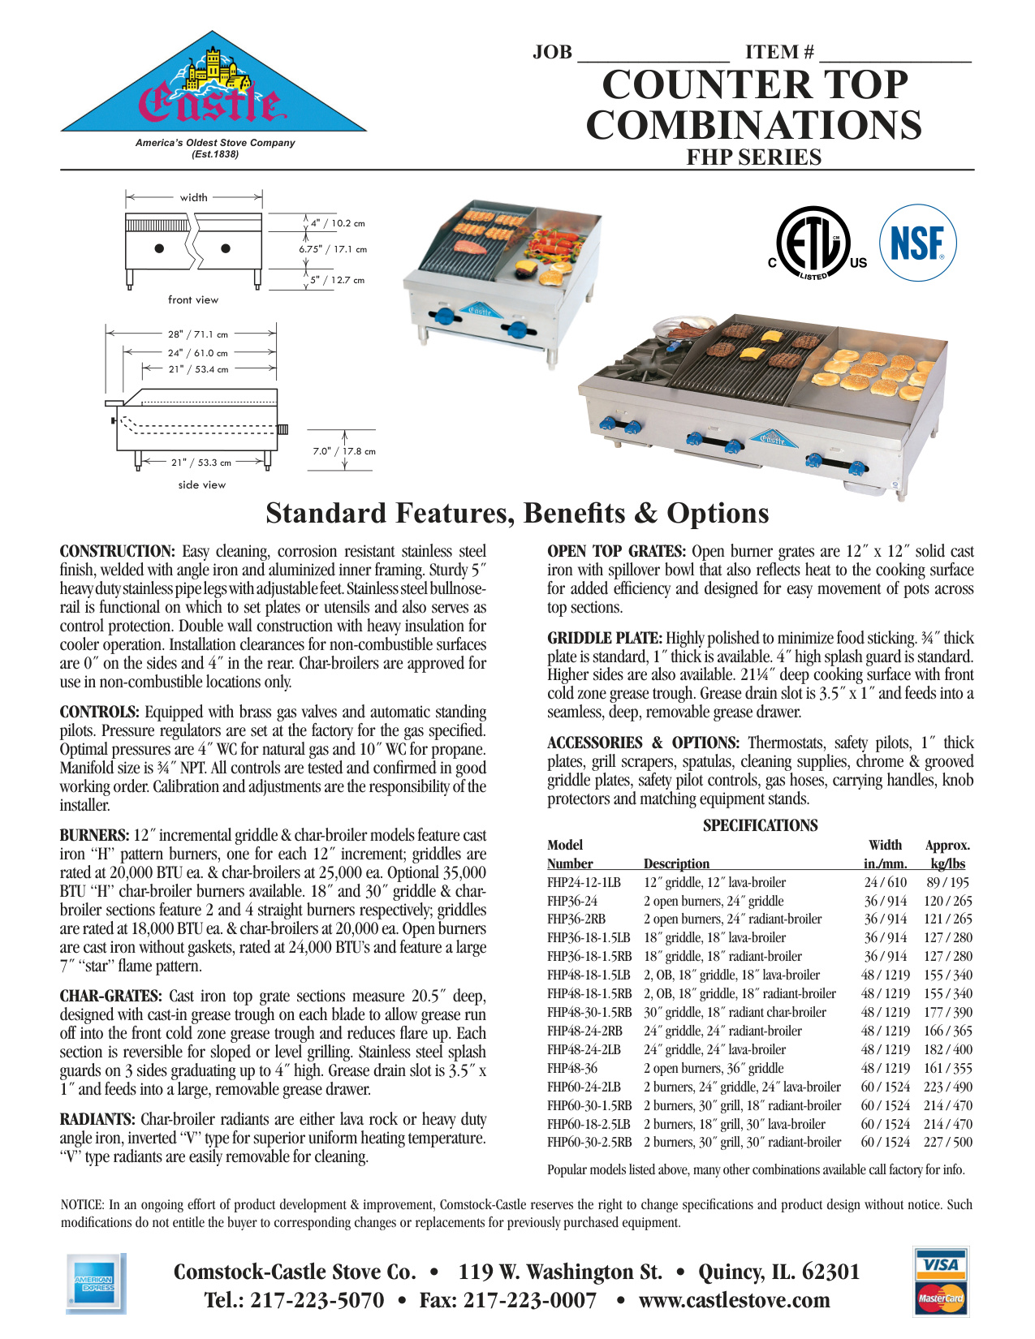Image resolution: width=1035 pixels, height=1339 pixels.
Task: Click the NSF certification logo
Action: [918, 243]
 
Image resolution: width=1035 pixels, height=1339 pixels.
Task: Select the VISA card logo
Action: [941, 1264]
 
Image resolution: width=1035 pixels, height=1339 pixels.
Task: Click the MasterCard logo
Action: [941, 1298]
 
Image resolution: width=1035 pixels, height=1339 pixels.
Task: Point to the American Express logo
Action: [94, 1283]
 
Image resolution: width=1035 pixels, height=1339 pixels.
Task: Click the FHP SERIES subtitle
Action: [753, 157]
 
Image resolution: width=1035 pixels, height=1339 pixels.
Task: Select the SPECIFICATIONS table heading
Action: [760, 825]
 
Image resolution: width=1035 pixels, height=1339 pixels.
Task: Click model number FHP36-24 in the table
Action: [572, 901]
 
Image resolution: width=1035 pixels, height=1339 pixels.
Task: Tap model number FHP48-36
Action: [572, 1068]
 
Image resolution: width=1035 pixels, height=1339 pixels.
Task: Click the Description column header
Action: [676, 863]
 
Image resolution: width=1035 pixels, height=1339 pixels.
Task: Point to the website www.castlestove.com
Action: [734, 1300]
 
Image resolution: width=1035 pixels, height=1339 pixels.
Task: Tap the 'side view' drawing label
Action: [202, 484]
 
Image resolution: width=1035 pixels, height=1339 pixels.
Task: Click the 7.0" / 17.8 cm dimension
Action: [344, 451]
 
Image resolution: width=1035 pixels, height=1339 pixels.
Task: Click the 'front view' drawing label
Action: [193, 299]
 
